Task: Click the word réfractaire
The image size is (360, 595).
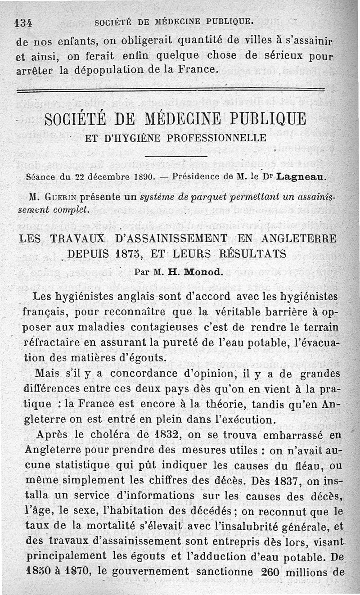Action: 52,343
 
